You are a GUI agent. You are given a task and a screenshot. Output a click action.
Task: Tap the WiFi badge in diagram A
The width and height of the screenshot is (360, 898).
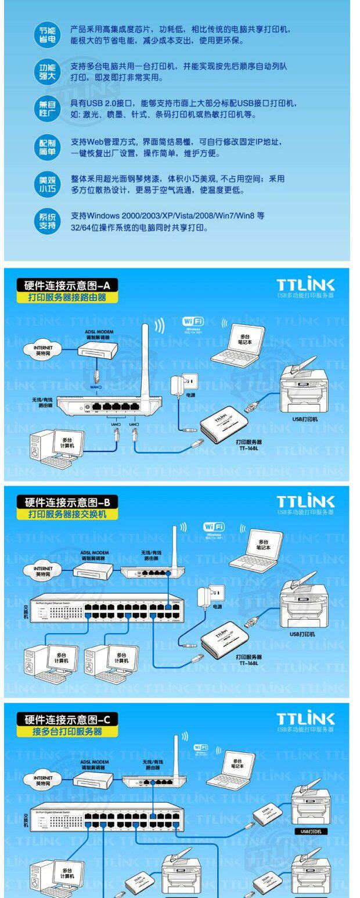tap(193, 322)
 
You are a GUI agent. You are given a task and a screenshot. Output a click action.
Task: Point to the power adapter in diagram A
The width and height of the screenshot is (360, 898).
tap(184, 383)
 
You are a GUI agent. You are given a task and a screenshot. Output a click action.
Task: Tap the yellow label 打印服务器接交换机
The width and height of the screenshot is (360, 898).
tap(68, 514)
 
